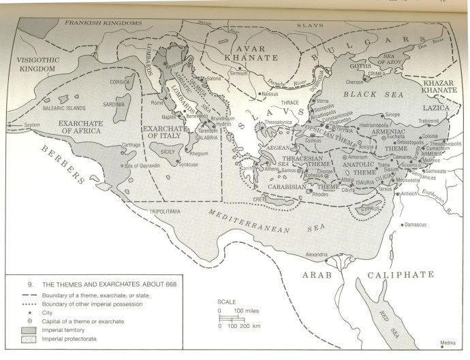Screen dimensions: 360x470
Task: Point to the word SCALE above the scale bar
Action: point(227,301)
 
